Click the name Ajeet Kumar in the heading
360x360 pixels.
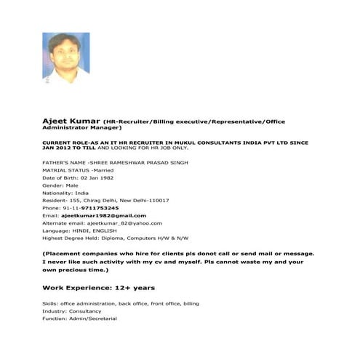tap(71, 118)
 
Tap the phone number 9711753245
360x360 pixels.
tap(99, 208)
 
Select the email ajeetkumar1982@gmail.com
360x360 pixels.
tap(104, 216)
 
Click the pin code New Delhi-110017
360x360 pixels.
tap(145, 200)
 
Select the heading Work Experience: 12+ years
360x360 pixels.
tap(98, 287)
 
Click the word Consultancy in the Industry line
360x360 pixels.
tap(87, 311)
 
